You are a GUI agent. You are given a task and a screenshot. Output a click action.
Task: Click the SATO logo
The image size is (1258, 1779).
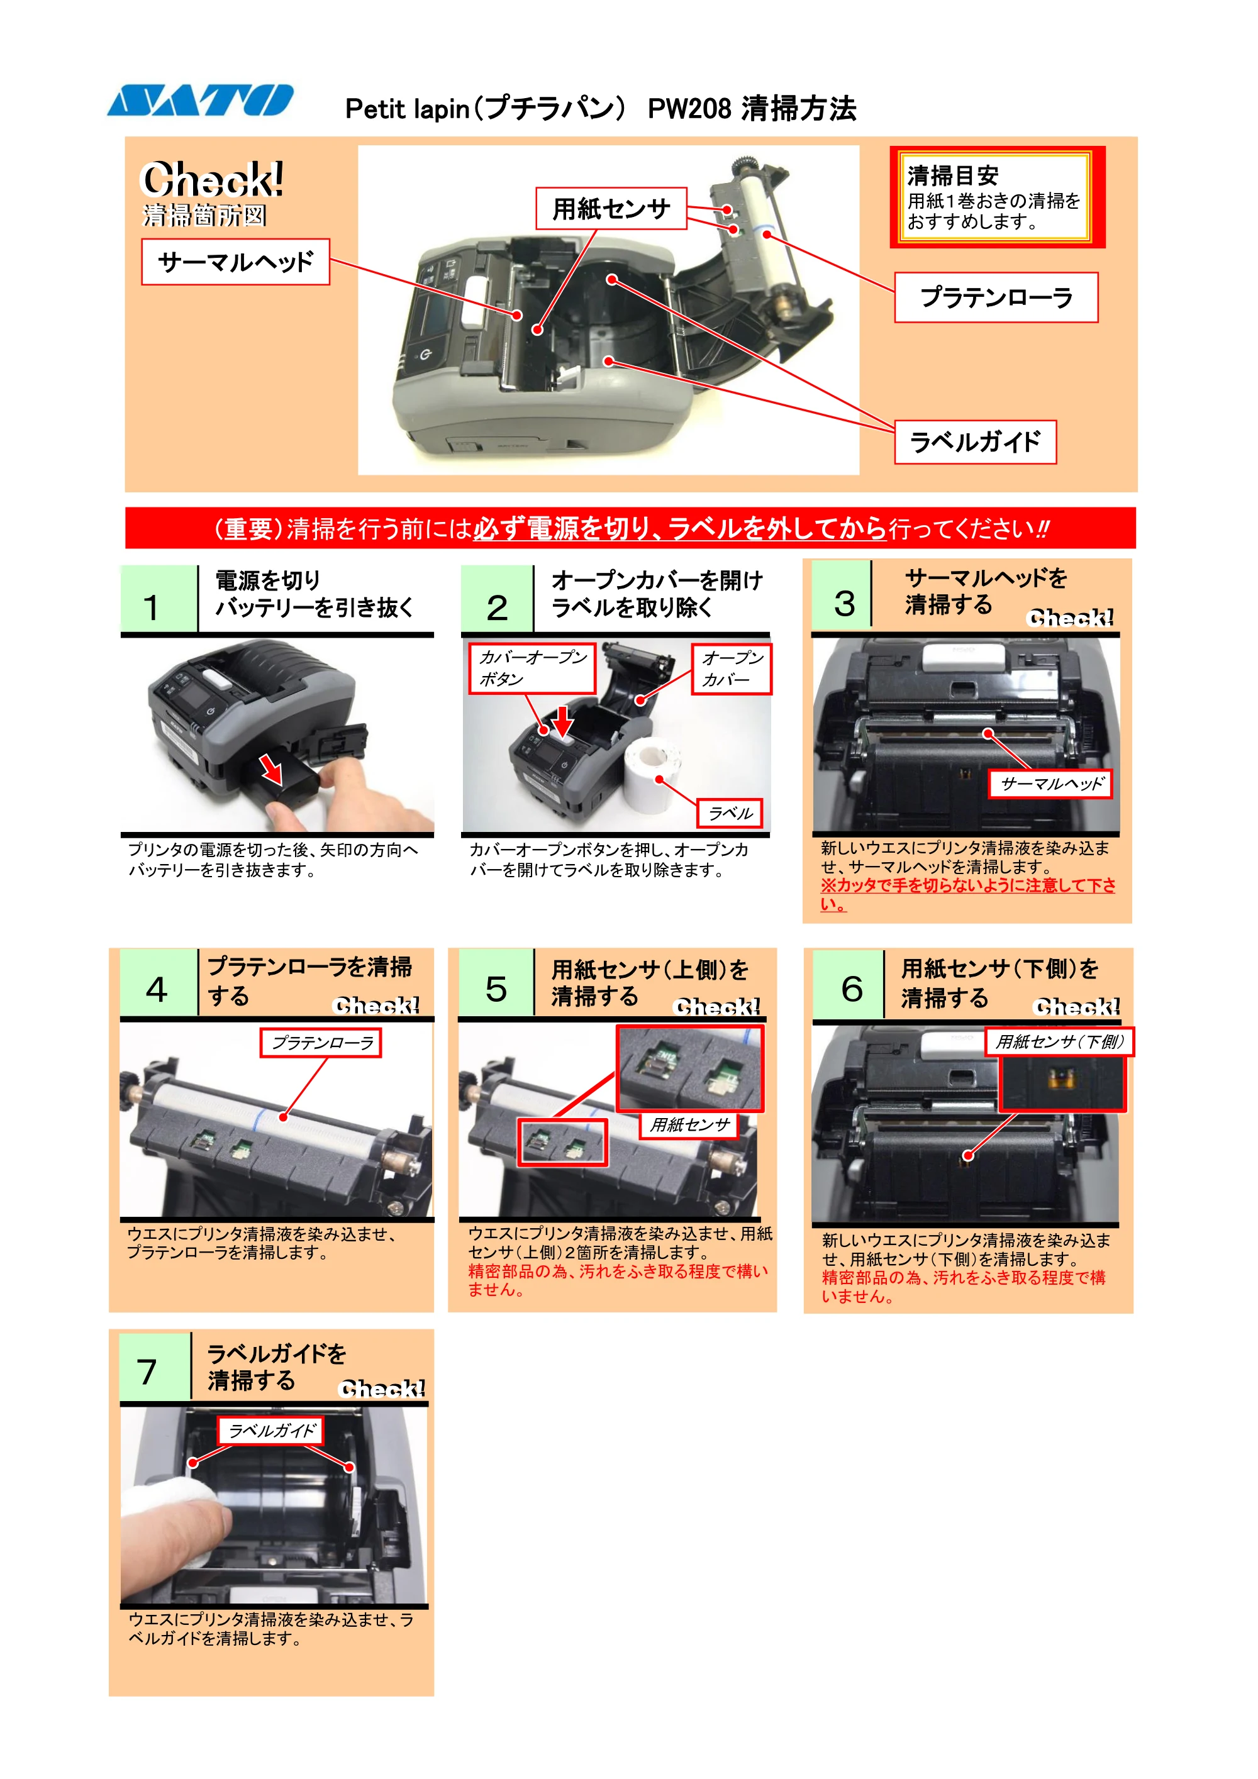point(200,100)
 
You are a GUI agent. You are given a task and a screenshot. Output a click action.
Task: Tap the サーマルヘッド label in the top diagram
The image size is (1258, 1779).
point(236,262)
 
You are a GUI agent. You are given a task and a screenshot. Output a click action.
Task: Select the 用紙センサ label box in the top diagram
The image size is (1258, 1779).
point(611,208)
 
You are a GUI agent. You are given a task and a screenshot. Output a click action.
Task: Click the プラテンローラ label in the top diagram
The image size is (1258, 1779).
point(996,297)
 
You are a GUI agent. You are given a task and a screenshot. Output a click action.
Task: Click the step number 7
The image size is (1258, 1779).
point(147,1372)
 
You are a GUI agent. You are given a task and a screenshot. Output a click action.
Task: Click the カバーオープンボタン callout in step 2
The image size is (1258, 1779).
point(532,668)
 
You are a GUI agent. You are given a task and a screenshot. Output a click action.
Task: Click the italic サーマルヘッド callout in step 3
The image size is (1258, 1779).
point(1050,784)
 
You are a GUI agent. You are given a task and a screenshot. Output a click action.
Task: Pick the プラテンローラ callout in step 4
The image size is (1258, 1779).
point(321,1043)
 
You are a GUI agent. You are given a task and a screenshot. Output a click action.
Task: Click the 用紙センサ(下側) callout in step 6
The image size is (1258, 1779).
point(1059,1041)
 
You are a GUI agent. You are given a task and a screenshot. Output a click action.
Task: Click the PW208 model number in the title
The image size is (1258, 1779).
point(689,108)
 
